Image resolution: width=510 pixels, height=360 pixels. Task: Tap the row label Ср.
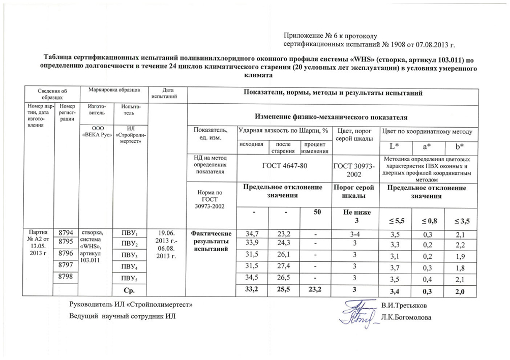point(130,291)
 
